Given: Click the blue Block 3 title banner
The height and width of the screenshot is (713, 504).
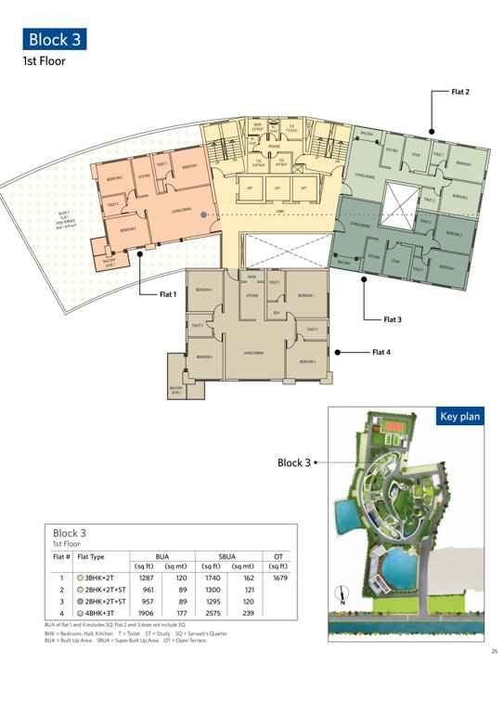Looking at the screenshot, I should [55, 39].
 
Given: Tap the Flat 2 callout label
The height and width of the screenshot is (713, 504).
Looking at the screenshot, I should [460, 92].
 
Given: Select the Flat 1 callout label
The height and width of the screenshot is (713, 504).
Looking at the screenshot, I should [167, 294].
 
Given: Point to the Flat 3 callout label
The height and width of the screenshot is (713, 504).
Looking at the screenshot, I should [393, 318].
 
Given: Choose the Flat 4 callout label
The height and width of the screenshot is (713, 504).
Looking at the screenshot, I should [381, 352].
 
